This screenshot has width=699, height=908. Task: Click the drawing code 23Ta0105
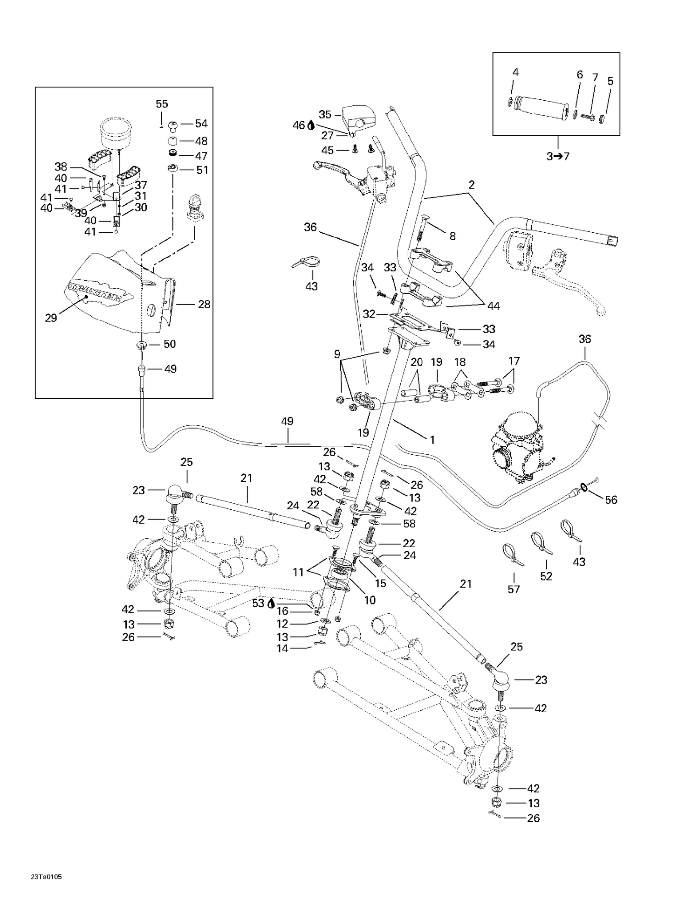point(46,877)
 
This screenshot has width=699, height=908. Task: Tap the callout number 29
point(51,318)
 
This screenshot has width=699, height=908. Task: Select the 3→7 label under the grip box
point(558,156)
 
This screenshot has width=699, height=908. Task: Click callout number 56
point(611,500)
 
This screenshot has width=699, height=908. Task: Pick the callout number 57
point(514,589)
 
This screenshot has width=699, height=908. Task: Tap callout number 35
point(325,114)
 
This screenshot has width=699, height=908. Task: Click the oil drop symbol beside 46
point(311,125)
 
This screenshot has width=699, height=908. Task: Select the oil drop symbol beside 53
point(270,603)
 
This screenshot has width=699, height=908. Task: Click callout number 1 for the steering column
point(432,439)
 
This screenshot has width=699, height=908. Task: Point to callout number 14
point(282,648)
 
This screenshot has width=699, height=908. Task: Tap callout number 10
point(370,600)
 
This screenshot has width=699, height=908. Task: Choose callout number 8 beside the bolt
point(452,236)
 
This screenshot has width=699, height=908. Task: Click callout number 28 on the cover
point(204,304)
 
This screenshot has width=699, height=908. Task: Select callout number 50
point(169,344)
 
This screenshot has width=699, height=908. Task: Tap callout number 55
point(162,104)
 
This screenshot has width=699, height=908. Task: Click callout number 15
point(380,583)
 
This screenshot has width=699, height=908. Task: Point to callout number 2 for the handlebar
point(472,185)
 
